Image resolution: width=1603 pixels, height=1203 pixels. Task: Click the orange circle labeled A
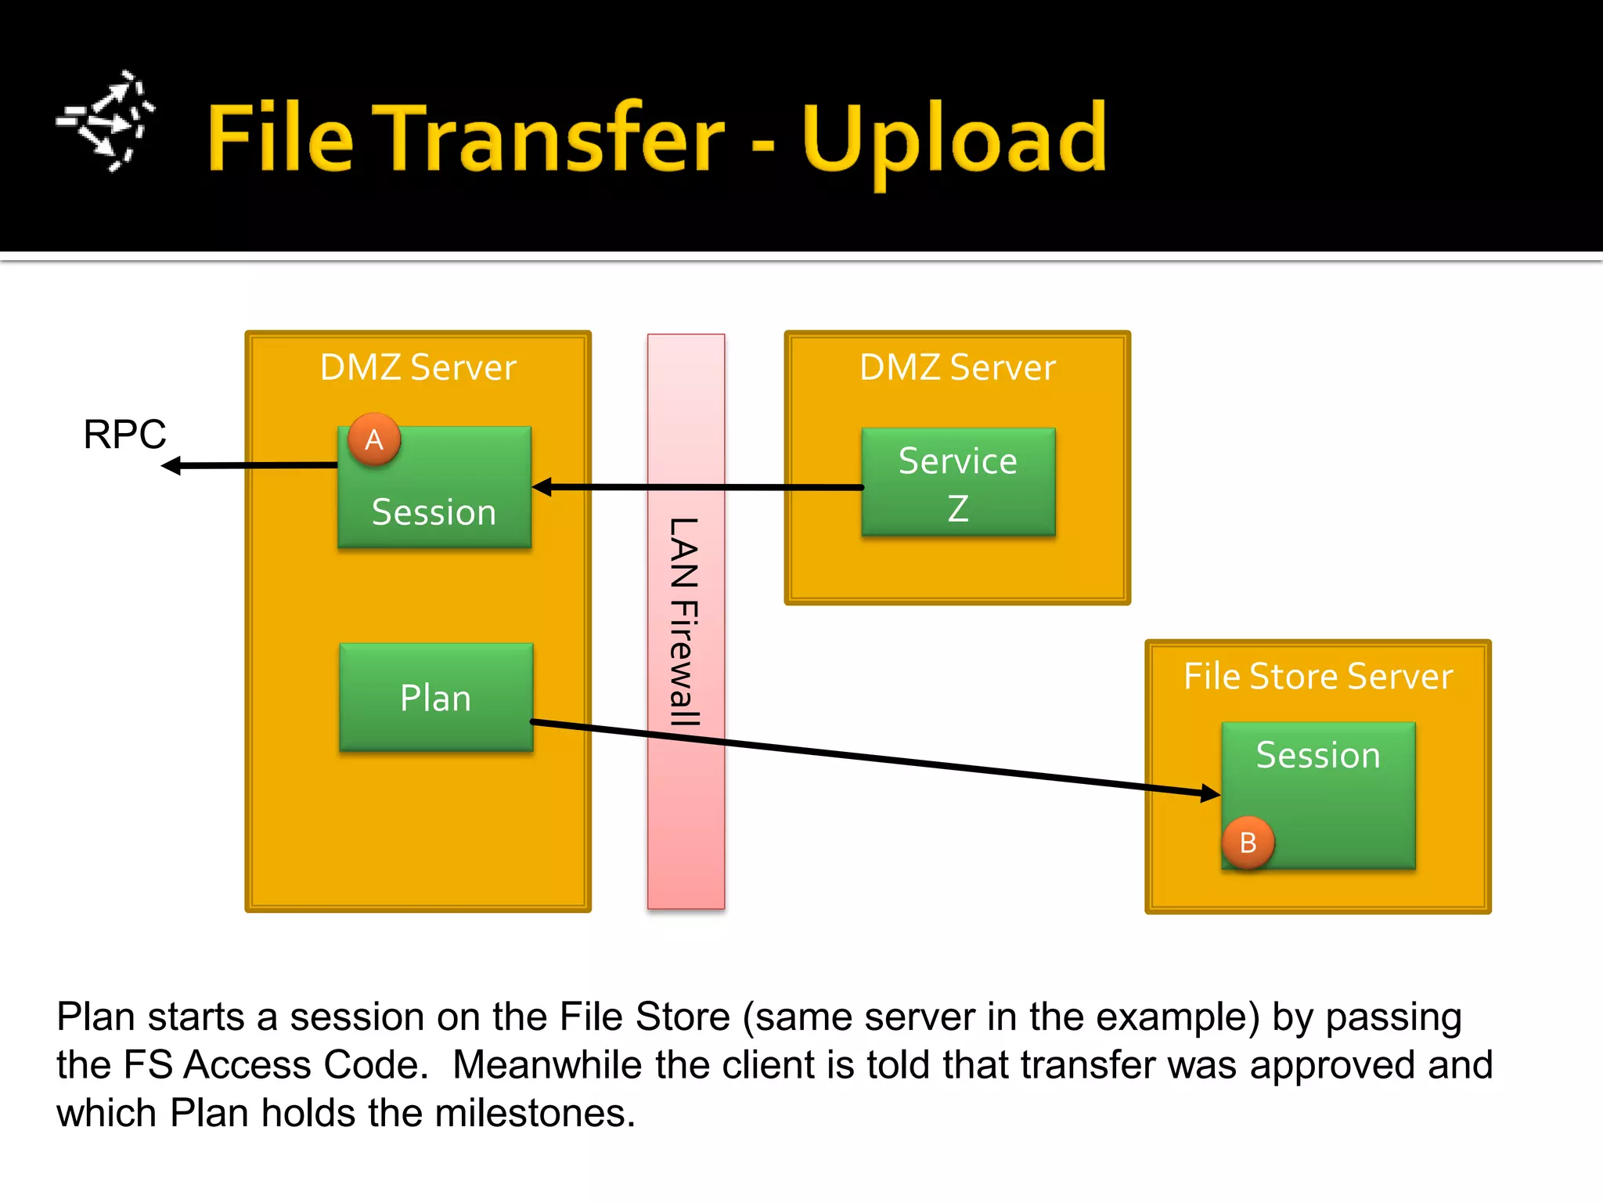point(374,439)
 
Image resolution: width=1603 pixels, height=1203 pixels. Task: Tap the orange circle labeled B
point(1248,843)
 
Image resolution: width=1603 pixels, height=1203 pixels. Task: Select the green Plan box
point(436,697)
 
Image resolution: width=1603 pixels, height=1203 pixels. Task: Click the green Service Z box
point(958,482)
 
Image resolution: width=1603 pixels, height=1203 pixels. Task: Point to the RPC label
point(125,434)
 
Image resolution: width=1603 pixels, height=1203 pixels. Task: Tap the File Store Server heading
point(1318,676)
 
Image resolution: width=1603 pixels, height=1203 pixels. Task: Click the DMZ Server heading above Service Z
point(957,367)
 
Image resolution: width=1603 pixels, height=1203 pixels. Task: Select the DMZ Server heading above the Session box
point(418,367)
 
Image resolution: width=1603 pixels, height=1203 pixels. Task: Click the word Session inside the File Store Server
point(1318,755)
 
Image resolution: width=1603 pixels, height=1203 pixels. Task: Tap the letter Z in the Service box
point(958,508)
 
